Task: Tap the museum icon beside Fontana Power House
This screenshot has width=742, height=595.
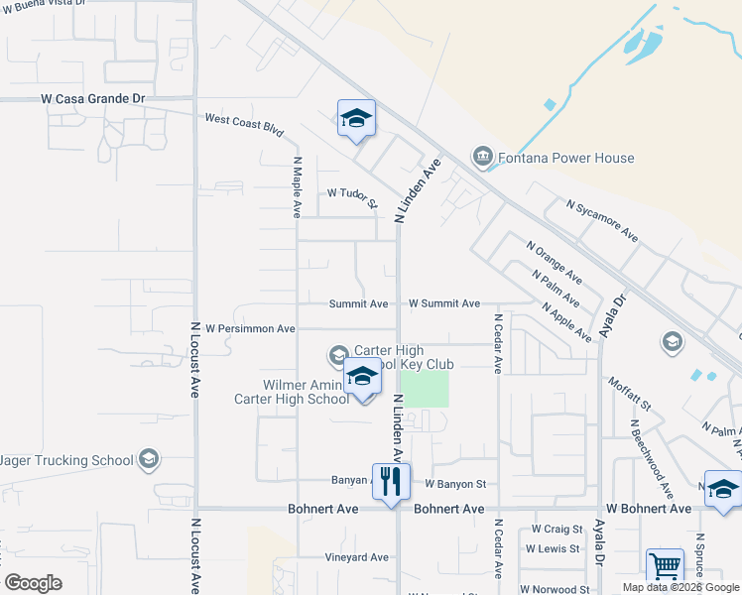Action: pos(482,157)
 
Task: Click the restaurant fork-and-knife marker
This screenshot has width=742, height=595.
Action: pos(391,482)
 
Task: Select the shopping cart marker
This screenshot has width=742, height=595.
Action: pos(665,568)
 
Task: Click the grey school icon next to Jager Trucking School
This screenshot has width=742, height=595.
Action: pos(148,458)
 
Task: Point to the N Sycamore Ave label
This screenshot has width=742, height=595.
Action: pos(602,220)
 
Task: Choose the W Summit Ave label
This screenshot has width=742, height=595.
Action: pos(443,303)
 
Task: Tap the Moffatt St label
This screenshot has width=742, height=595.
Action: pos(630,394)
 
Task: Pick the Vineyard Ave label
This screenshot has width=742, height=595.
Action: pos(358,557)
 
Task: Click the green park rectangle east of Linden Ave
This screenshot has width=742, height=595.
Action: pos(424,388)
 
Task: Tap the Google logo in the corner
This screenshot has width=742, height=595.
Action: pos(33,582)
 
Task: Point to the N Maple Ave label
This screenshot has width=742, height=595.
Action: pos(296,185)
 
